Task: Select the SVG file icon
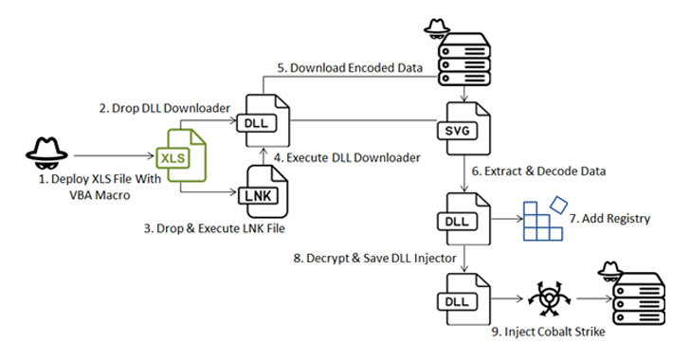pos(463,128)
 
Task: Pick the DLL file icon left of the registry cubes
pos(463,219)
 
